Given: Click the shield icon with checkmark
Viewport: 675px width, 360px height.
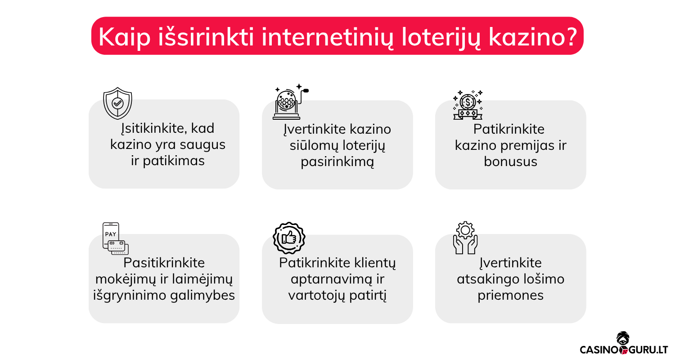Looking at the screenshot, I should coord(117,103).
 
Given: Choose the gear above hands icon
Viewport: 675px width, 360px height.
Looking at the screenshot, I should coord(465,238).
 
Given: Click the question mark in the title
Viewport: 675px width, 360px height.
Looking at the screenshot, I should coord(570,36).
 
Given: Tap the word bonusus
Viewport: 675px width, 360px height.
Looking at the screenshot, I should coord(510,162).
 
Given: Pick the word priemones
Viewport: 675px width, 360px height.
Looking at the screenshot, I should coord(510,295).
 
